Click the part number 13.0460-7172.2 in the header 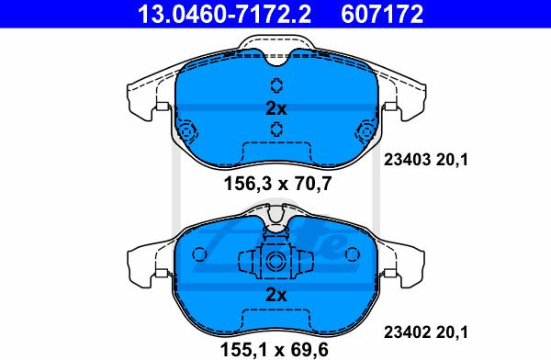tap(224, 14)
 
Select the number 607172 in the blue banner tap(382, 14)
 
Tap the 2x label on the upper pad tap(276, 108)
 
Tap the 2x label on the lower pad tap(276, 295)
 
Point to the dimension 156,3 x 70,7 tap(277, 184)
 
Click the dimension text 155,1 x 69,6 tap(274, 349)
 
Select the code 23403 tap(407, 160)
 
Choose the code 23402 tap(407, 332)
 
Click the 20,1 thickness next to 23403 tap(452, 161)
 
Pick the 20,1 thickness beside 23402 tap(452, 332)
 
